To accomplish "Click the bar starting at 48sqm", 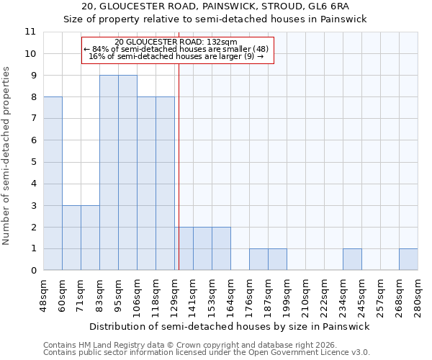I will (53, 184).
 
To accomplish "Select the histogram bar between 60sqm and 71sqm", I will (71, 238).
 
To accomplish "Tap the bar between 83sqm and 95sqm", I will (109, 173).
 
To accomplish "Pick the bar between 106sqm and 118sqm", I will (146, 184).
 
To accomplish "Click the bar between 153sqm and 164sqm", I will (221, 248).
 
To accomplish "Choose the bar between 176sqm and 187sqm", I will (258, 259).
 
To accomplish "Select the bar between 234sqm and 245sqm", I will (352, 259).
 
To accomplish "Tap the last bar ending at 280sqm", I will (408, 259).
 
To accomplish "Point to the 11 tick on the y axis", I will (30, 32).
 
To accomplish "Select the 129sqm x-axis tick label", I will (175, 293).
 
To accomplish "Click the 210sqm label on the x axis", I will (306, 293).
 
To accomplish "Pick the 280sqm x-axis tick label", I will (418, 293).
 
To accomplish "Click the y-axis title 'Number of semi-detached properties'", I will (8, 156).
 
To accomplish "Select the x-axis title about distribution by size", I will (230, 326).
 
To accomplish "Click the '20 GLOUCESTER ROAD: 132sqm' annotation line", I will (177, 42).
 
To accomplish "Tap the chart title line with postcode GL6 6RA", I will (216, 7).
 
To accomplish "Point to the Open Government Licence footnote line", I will (207, 352).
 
